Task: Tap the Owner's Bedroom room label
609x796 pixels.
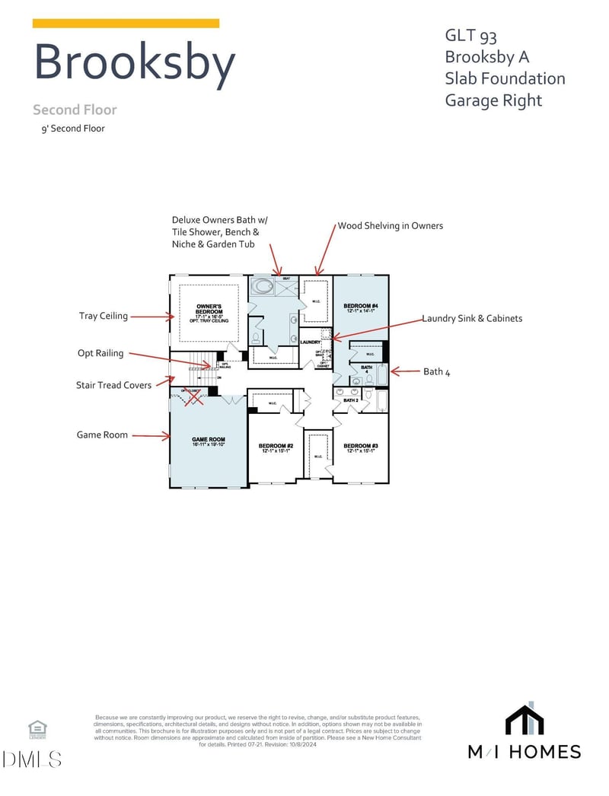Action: tap(209, 310)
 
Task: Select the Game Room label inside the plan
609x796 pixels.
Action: tap(208, 440)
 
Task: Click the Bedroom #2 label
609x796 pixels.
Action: tap(276, 446)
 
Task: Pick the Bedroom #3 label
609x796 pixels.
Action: tap(361, 446)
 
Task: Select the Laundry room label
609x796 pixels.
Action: tap(310, 342)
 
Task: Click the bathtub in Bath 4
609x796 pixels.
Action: tap(382, 374)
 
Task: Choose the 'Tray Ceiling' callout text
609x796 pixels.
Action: tap(104, 316)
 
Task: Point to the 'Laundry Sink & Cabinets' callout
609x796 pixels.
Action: tap(472, 318)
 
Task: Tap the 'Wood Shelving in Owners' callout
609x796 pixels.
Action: tap(390, 225)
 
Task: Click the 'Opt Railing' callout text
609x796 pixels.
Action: tap(100, 353)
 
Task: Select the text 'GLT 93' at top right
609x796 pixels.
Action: tap(471, 35)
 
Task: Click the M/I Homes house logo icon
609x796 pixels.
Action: tap(525, 721)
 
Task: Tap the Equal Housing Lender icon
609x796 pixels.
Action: tap(37, 729)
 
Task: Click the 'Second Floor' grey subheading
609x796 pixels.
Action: tap(75, 110)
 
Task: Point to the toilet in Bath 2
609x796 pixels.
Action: tap(369, 396)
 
